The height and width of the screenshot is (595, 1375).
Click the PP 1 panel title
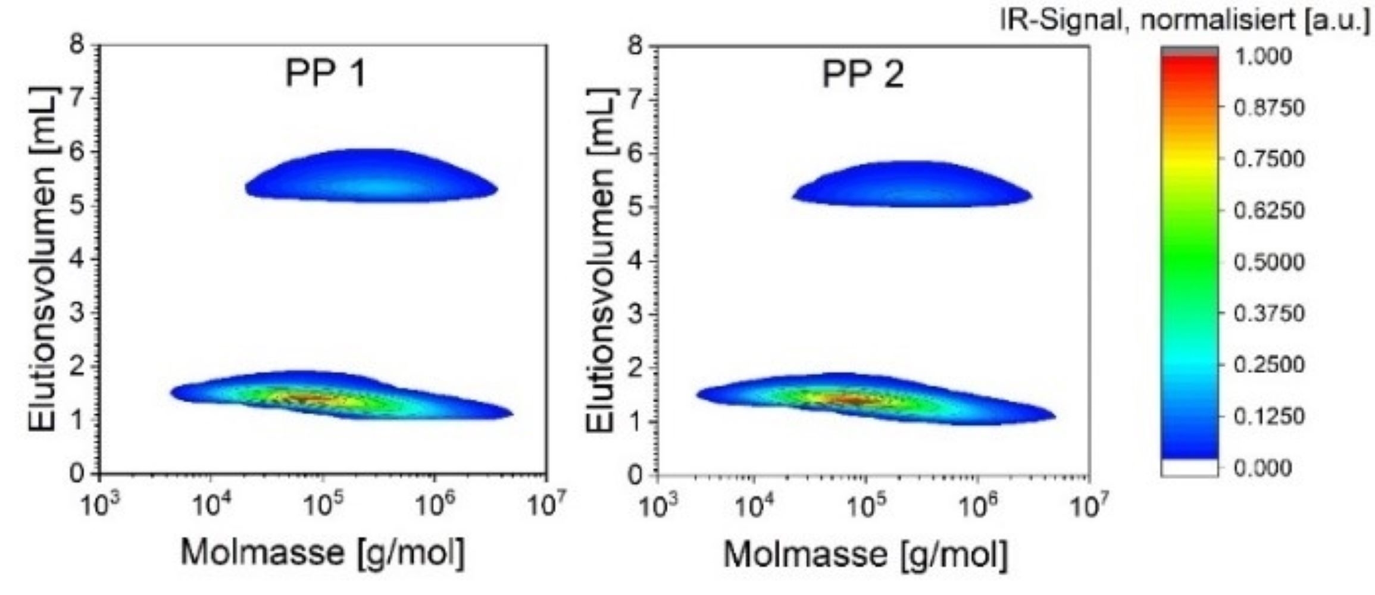coord(324,75)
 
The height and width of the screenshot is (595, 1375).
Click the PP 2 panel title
coord(862,75)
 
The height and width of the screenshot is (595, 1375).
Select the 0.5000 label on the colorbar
coord(1268,262)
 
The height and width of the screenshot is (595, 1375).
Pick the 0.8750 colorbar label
coord(1268,108)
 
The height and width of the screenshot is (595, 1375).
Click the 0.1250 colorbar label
coord(1268,416)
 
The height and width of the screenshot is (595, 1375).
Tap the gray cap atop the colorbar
coord(1189,51)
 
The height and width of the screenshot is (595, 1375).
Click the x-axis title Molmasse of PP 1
coord(322,552)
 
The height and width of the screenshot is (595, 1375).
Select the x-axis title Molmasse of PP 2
coord(865,555)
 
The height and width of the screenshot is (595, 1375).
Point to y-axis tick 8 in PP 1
coord(77,45)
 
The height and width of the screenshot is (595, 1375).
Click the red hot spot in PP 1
coord(310,397)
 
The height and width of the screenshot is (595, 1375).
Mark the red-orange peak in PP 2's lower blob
coord(857,399)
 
